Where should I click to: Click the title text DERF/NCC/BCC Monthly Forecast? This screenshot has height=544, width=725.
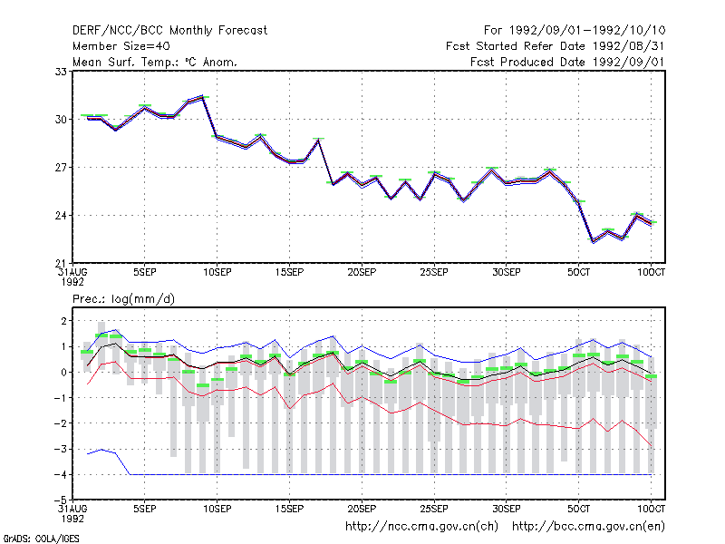pyautogui.click(x=169, y=31)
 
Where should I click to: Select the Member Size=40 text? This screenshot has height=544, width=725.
pyautogui.click(x=121, y=46)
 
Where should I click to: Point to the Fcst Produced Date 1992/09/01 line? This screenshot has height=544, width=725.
pyautogui.click(x=567, y=62)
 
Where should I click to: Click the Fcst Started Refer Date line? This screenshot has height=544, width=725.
pyautogui.click(x=556, y=46)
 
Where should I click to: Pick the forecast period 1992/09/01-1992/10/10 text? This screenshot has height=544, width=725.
pyautogui.click(x=575, y=31)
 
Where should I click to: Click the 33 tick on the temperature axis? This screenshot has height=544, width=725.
pyautogui.click(x=62, y=72)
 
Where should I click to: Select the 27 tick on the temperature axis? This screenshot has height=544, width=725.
pyautogui.click(x=62, y=168)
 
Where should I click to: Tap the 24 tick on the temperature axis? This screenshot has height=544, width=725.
pyautogui.click(x=62, y=216)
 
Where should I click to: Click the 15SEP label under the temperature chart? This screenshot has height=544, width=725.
pyautogui.click(x=289, y=273)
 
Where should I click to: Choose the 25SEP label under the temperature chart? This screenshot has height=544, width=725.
pyautogui.click(x=434, y=273)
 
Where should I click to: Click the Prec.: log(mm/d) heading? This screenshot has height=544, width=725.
pyautogui.click(x=123, y=299)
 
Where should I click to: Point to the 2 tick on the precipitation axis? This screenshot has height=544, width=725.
pyautogui.click(x=63, y=321)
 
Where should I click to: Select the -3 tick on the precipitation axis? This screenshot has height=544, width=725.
pyautogui.click(x=61, y=449)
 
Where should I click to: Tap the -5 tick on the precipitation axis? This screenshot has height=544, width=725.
pyautogui.click(x=61, y=500)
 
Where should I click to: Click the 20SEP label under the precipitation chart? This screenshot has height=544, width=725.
pyautogui.click(x=362, y=509)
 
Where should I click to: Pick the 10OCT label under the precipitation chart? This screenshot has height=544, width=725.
pyautogui.click(x=651, y=509)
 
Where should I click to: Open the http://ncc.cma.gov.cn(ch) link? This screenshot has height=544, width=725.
pyautogui.click(x=421, y=527)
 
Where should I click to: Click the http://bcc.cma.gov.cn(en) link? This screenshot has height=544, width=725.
pyautogui.click(x=588, y=527)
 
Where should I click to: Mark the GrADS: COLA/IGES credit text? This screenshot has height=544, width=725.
pyautogui.click(x=42, y=539)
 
